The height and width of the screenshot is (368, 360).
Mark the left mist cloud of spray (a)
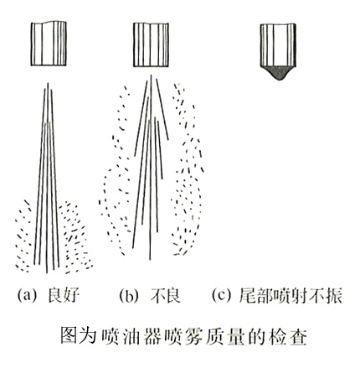point(28,235)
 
